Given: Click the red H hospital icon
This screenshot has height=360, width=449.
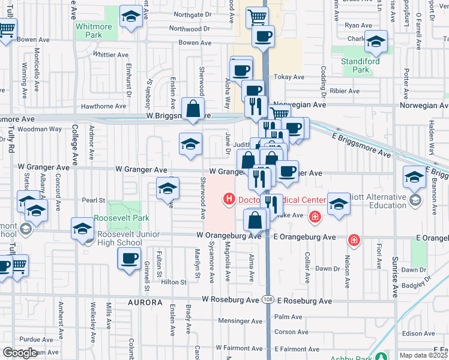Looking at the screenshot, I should (229, 199).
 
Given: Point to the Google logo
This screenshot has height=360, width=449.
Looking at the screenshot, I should (20, 353).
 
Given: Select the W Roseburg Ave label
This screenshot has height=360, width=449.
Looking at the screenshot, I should (231, 299).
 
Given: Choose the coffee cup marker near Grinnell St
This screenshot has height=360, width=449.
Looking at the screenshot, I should (128, 259).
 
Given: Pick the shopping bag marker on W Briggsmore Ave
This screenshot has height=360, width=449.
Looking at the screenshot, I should (193, 109).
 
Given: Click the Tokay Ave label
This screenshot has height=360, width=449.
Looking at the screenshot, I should (289, 77).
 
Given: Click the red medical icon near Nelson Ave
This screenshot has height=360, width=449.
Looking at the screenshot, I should (354, 240).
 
